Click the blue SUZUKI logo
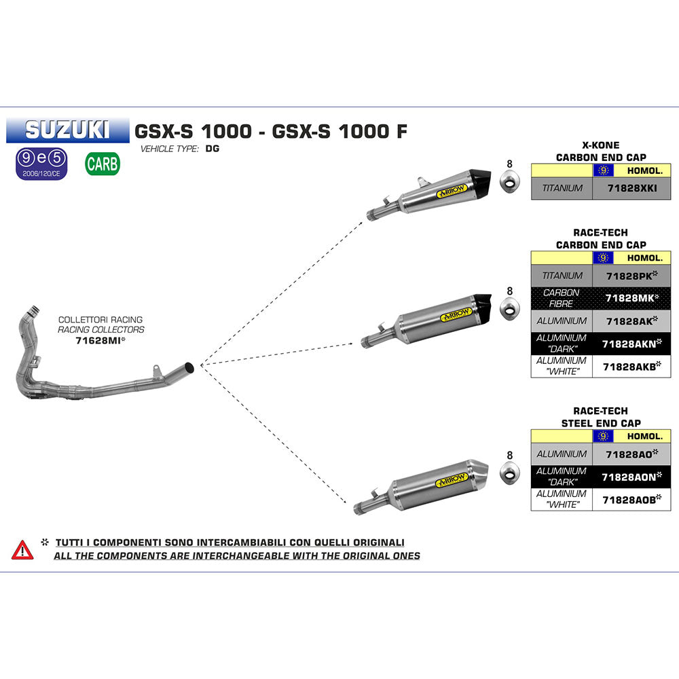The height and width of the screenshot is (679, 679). click(67, 130)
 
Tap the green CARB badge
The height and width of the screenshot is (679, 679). click(103, 163)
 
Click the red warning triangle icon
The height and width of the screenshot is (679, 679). click(22, 549)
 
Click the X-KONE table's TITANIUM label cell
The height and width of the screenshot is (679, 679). click(562, 188)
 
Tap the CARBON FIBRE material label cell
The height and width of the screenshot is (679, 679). click(562, 298)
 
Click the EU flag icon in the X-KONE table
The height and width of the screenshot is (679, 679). click(602, 170)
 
